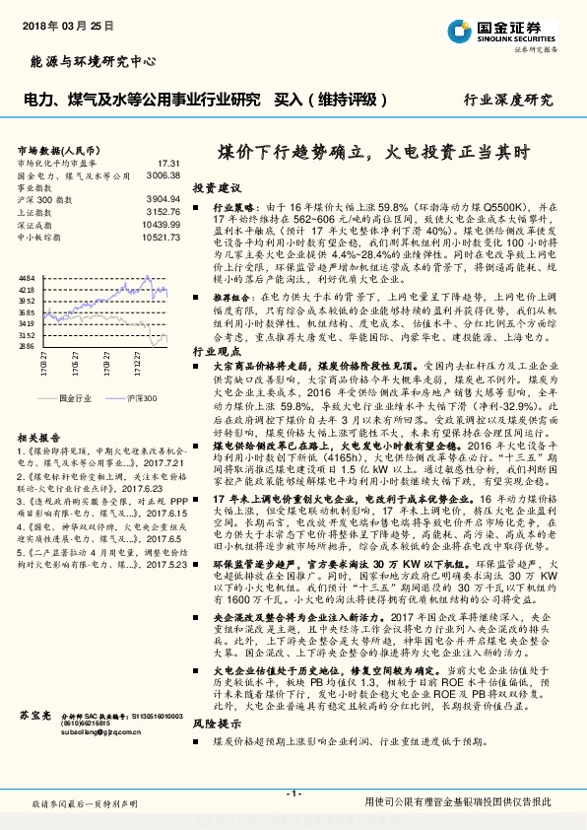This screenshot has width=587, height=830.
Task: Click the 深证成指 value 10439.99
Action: (160, 224)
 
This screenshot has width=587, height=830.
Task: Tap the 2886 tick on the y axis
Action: (27, 346)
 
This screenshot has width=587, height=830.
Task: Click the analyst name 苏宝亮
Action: (33, 712)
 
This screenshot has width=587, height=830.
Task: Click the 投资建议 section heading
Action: (217, 187)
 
